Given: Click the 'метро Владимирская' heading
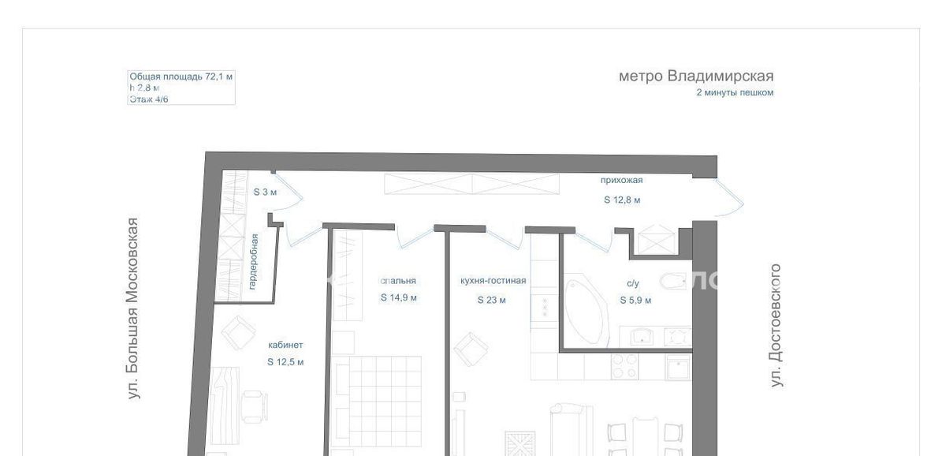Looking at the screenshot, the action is pos(696,76).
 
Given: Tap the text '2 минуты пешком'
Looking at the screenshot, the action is pos(735,92).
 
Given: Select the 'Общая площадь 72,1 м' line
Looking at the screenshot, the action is pos(181,77).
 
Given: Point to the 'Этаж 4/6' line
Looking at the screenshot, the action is pos(149,99).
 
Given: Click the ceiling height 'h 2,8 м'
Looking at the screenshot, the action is pos(144,88).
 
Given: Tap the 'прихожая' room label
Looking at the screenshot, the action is pos(622,181).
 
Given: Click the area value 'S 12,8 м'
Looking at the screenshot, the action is pos(622,200).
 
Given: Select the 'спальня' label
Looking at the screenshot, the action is pos(398,281).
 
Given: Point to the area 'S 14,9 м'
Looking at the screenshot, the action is pos(399,297).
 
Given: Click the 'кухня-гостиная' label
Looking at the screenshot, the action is pos(493,281).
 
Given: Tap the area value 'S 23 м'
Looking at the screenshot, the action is pos(492,300).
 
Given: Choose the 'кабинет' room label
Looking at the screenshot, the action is pos(285,345).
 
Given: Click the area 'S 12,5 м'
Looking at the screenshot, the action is pos(285,362).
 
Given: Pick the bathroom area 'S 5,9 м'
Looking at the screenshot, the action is pos(635,300).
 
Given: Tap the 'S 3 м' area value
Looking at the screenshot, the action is pos(265,192).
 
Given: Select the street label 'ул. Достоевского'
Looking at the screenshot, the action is pos(776,325).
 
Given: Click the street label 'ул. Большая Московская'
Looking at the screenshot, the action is pos(133,308).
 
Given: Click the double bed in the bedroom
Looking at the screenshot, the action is pos(377,401).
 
